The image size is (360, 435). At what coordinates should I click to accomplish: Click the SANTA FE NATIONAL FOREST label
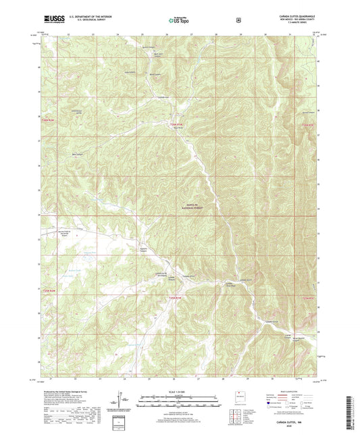[x=195, y=208]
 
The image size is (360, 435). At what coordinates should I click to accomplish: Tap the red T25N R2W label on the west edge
[x=45, y=291]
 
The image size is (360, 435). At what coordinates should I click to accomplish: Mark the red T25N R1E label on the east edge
[x=308, y=298]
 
